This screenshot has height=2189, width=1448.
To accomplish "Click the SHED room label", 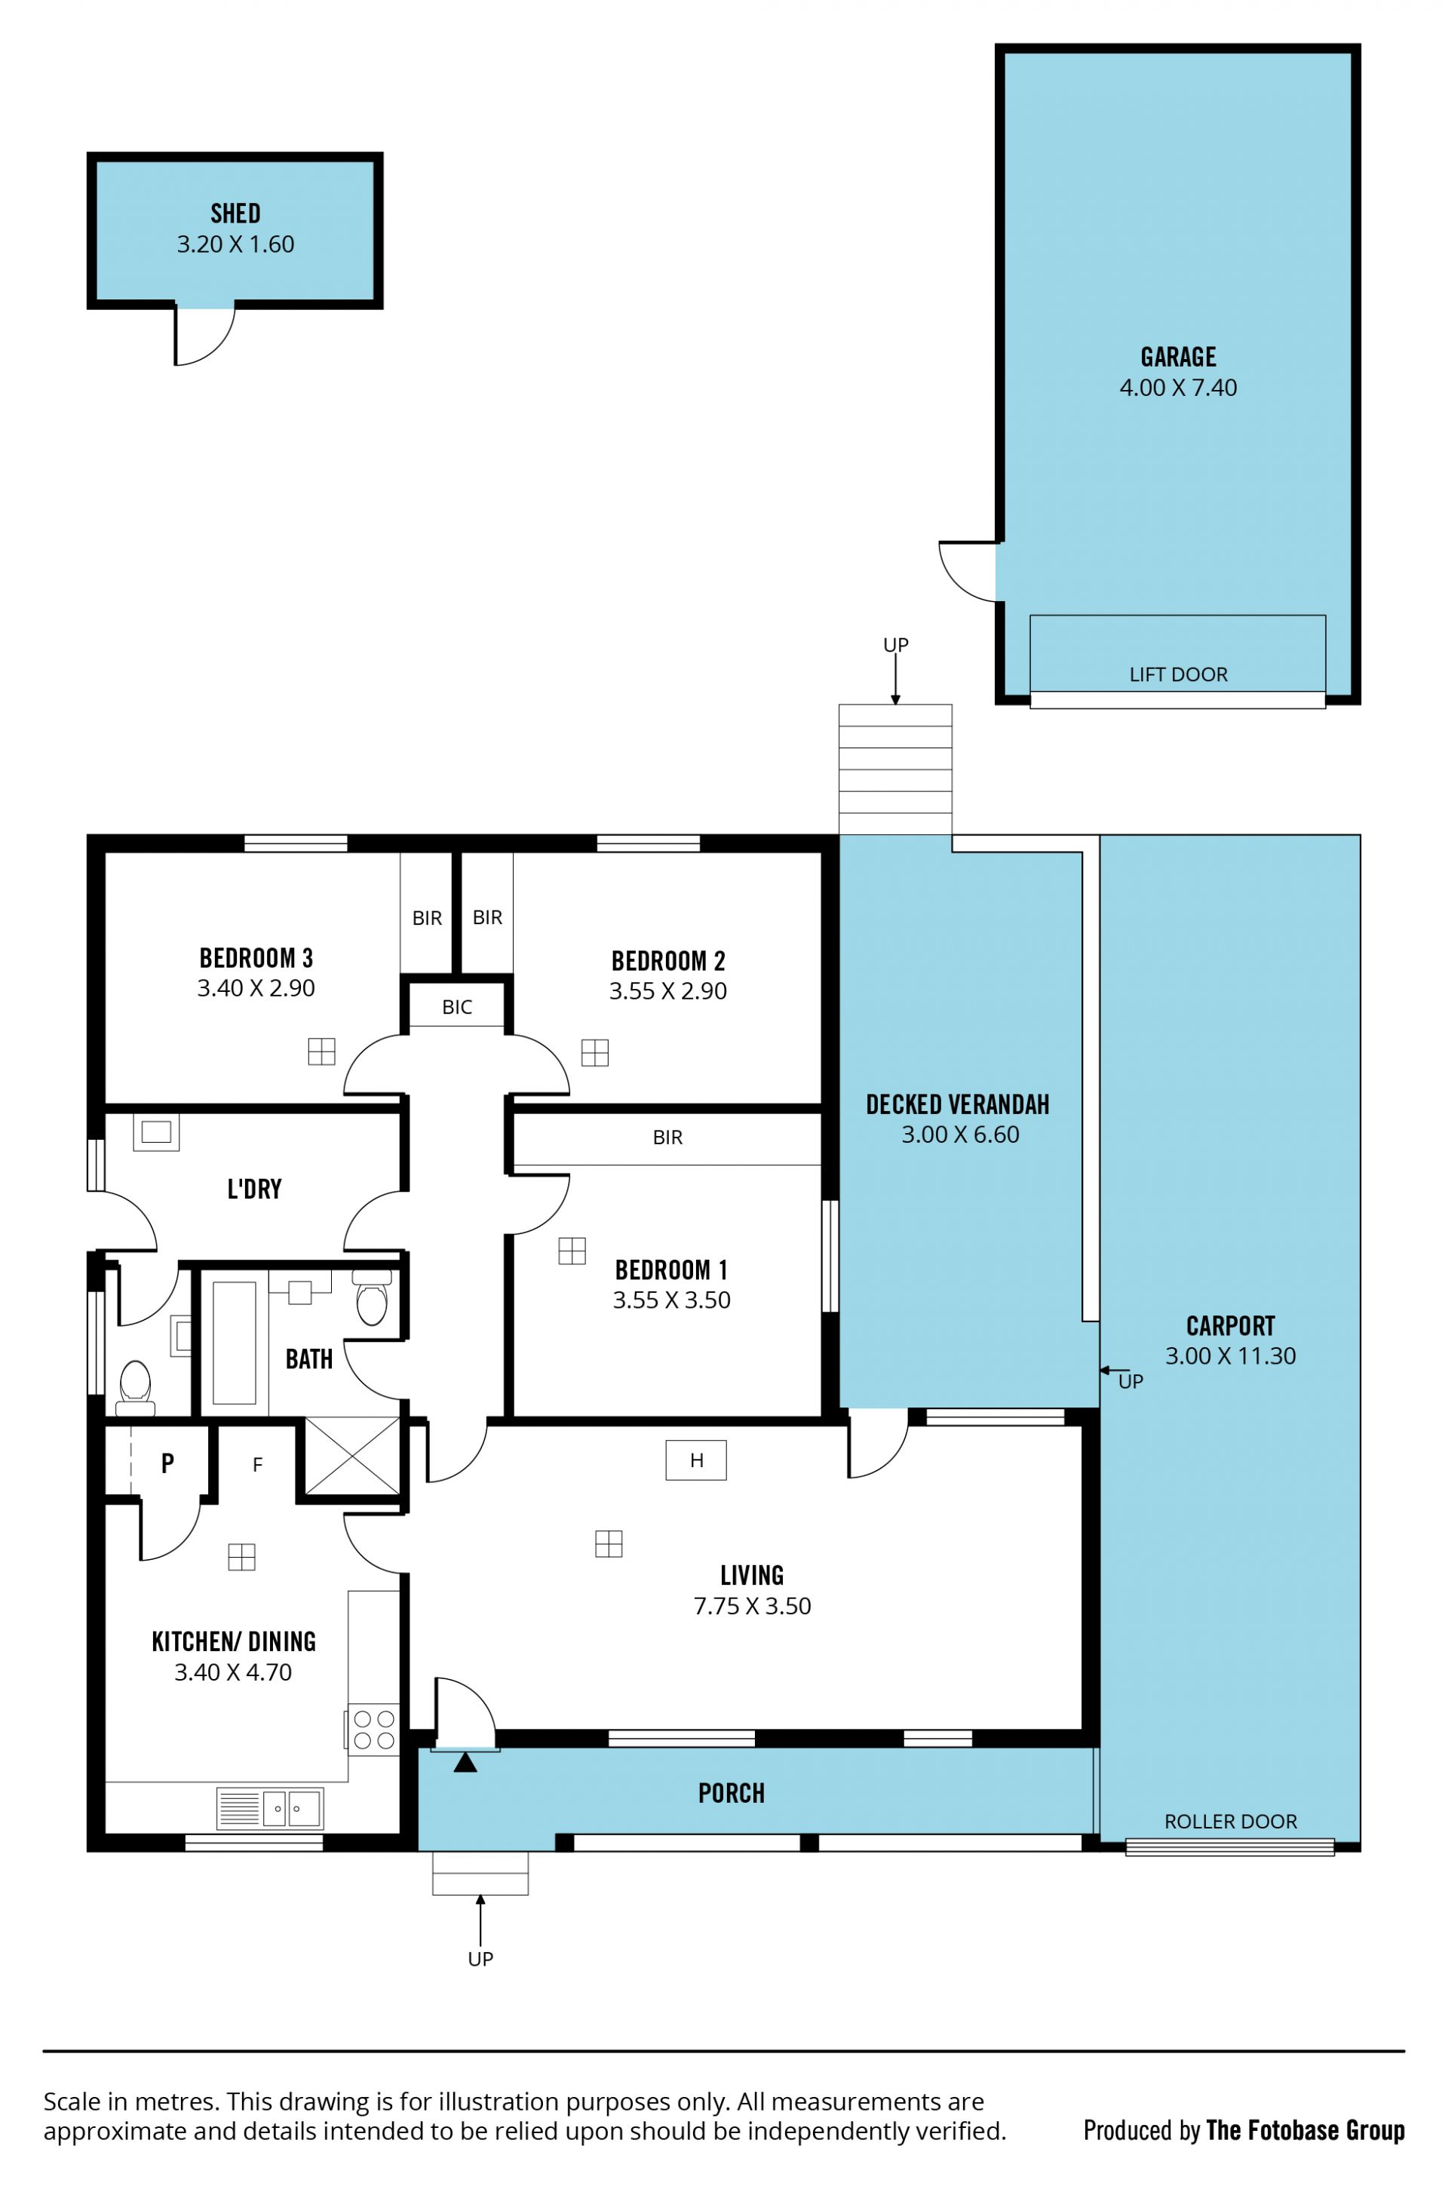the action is (235, 213).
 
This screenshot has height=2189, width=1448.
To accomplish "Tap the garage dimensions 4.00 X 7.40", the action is (1178, 388).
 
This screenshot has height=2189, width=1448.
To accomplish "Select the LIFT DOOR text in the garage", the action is (1178, 675).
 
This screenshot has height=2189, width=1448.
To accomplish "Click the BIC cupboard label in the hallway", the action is (457, 1008).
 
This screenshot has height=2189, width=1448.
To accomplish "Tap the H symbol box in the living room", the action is (696, 1460).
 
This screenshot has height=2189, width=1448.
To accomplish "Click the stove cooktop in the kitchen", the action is (374, 1729).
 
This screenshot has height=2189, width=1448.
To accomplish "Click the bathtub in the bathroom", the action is (234, 1343).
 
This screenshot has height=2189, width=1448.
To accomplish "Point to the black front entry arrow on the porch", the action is (465, 1762).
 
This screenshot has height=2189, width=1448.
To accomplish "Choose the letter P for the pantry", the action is (167, 1463).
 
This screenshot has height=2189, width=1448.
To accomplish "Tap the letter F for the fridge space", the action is (258, 1465).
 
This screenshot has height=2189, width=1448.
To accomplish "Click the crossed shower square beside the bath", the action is (352, 1456).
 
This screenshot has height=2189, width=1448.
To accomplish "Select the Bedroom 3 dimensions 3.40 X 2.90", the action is (256, 988).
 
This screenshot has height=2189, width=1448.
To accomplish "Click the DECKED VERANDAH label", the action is (958, 1104).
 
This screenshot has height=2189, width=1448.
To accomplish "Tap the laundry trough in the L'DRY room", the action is (156, 1132).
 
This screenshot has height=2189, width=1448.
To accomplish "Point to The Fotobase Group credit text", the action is (1305, 2131).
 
